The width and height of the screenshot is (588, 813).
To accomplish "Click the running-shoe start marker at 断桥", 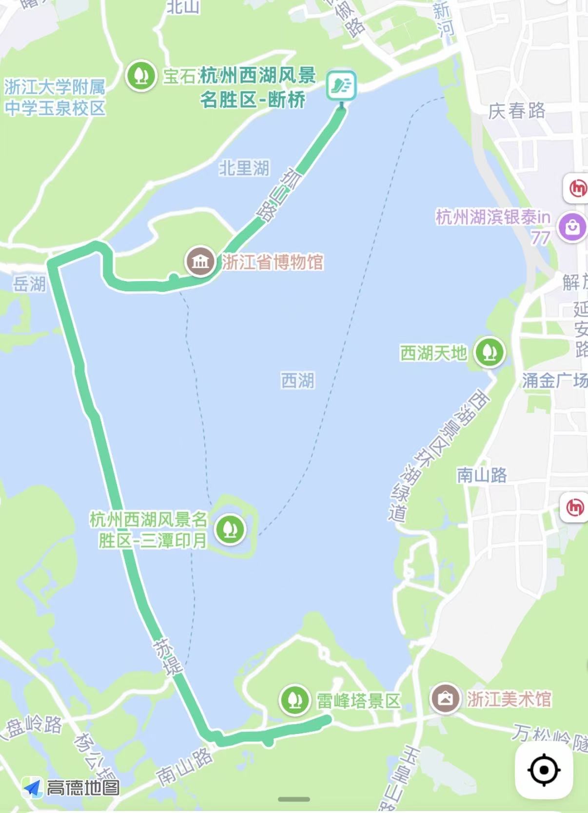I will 341,85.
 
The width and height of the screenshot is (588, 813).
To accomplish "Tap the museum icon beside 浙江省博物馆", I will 200,262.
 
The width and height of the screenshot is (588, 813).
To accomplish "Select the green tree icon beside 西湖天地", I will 490,352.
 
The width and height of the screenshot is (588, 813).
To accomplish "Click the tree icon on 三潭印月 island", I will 230,528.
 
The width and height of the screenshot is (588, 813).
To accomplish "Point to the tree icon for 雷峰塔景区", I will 294,700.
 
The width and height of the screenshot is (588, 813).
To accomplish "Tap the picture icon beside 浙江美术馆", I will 445,698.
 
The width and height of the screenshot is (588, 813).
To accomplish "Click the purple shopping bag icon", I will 572,227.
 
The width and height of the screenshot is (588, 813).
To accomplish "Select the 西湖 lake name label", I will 298,380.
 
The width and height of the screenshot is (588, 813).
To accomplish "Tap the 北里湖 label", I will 244,168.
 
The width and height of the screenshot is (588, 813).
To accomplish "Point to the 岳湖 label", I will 29,284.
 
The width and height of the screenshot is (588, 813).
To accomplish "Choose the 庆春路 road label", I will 517,111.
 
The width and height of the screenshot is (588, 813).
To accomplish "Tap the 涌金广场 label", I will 554,380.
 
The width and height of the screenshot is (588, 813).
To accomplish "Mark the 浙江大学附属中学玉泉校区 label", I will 55,98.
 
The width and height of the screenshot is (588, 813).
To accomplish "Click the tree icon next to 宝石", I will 141,76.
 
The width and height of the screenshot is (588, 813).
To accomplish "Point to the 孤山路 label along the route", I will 278,195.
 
